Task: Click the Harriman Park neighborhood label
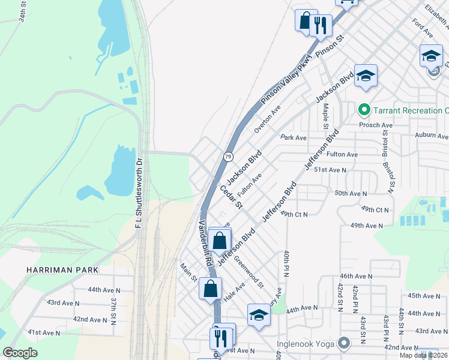click(62, 270)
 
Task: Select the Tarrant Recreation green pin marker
click(363, 110)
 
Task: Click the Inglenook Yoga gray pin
click(343, 344)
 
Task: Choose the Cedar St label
click(231, 197)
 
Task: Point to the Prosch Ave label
click(376, 125)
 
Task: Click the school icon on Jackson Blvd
click(366, 76)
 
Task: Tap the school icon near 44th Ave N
click(259, 315)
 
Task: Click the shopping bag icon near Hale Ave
click(211, 289)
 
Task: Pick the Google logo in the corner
click(20, 353)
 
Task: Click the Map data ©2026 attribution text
click(424, 355)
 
